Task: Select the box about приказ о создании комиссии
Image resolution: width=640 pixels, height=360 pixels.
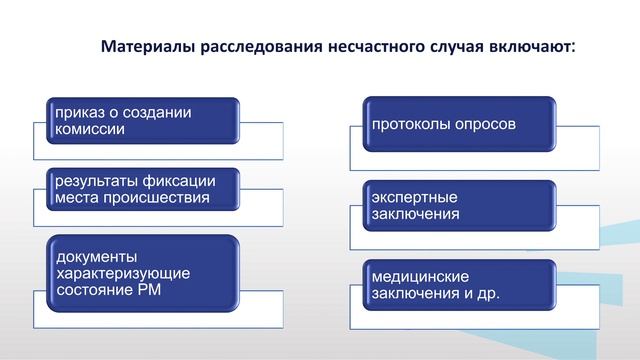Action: click(142, 120)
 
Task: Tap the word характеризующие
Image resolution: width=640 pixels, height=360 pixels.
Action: click(122, 273)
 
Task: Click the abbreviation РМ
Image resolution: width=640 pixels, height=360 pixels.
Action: click(146, 290)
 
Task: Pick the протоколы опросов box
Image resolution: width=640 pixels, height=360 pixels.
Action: click(457, 126)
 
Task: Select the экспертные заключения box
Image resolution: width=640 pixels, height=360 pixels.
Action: click(457, 205)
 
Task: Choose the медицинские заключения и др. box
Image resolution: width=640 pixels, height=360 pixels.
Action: click(457, 284)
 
